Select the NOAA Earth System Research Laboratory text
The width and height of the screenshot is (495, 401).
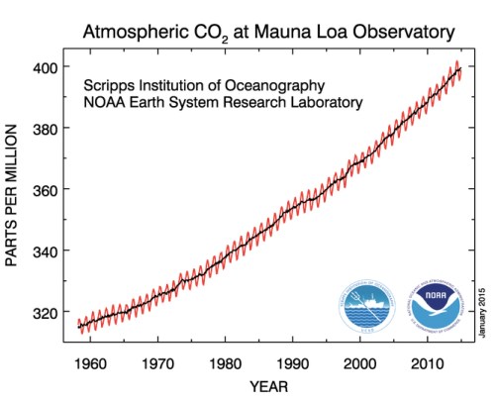tap(224, 102)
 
